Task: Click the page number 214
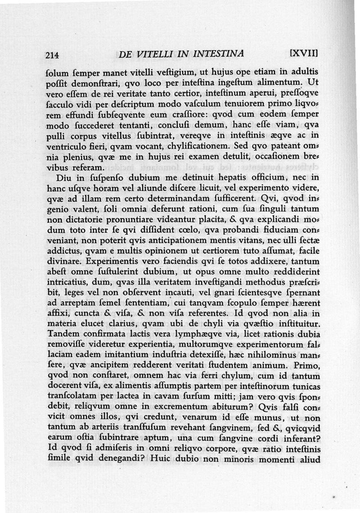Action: tap(53, 56)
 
